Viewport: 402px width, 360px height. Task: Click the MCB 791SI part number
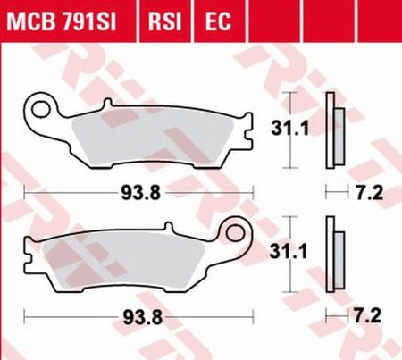tap(62, 21)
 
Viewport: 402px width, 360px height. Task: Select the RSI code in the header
tap(164, 21)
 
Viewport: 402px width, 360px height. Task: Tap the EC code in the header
tap(218, 21)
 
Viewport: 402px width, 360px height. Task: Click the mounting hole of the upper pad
tap(41, 109)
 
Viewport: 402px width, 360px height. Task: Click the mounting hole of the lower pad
tap(235, 233)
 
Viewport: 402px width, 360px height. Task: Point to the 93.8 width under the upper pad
tap(140, 193)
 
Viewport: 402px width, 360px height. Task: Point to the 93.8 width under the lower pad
tap(143, 317)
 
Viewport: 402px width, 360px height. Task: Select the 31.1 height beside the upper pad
tap(289, 129)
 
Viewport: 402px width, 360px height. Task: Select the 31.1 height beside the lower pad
tap(289, 252)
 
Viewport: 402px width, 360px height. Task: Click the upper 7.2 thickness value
tap(369, 193)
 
